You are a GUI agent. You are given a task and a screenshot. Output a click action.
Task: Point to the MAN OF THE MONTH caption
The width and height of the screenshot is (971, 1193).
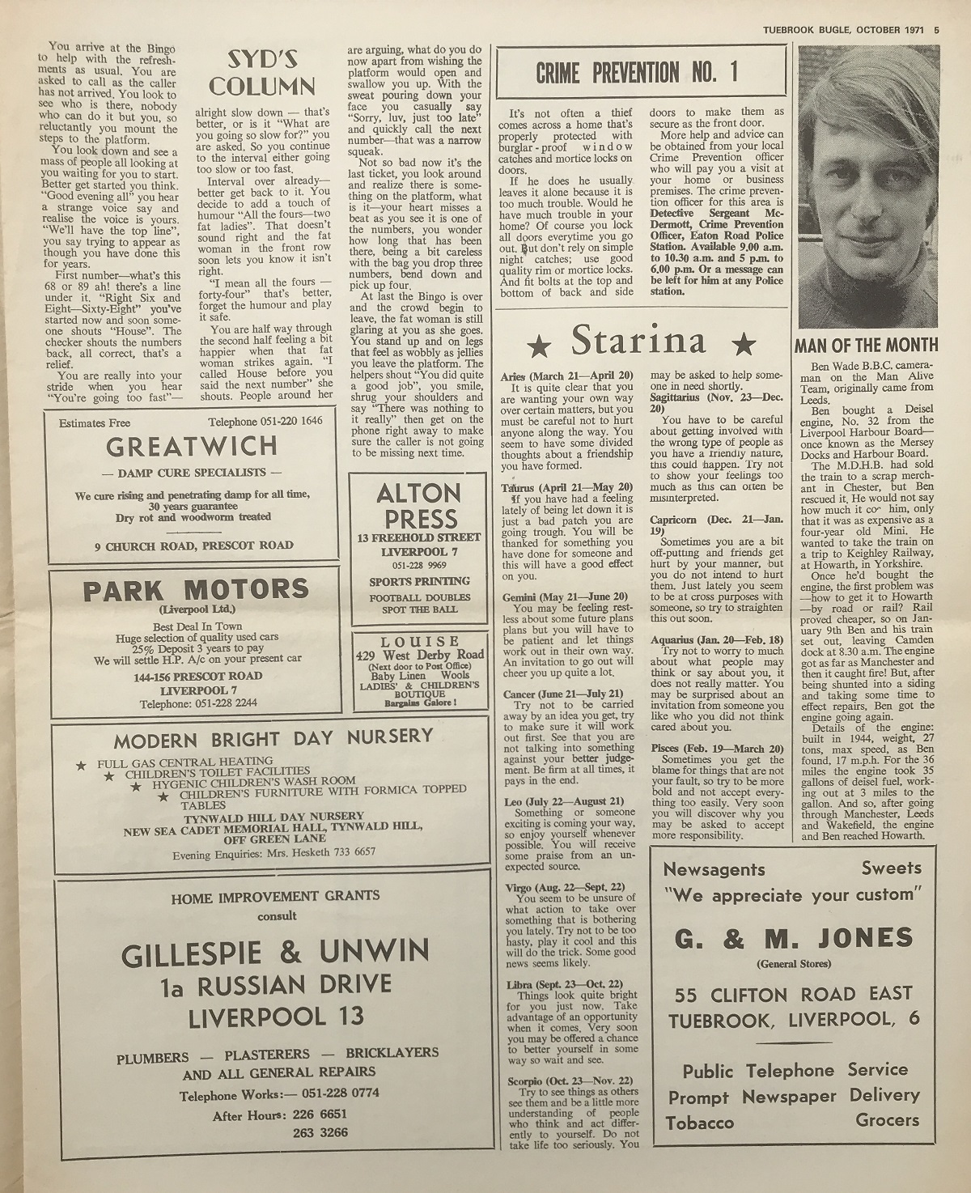866,346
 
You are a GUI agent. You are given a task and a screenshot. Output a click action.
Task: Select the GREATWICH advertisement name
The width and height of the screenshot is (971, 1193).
191,446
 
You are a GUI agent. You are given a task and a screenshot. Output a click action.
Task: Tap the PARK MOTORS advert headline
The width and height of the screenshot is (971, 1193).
195,590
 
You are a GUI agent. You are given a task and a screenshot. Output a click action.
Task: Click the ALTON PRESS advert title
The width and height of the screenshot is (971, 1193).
418,506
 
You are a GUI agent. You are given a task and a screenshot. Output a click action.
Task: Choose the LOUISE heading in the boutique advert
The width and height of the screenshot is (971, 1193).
419,641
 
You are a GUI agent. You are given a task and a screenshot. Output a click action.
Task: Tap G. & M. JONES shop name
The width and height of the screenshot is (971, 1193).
793,938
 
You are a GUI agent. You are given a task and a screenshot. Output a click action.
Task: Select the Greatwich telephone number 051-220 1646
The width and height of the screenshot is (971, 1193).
265,422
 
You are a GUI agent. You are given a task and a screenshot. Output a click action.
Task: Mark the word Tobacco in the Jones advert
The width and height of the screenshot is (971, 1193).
700,1123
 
